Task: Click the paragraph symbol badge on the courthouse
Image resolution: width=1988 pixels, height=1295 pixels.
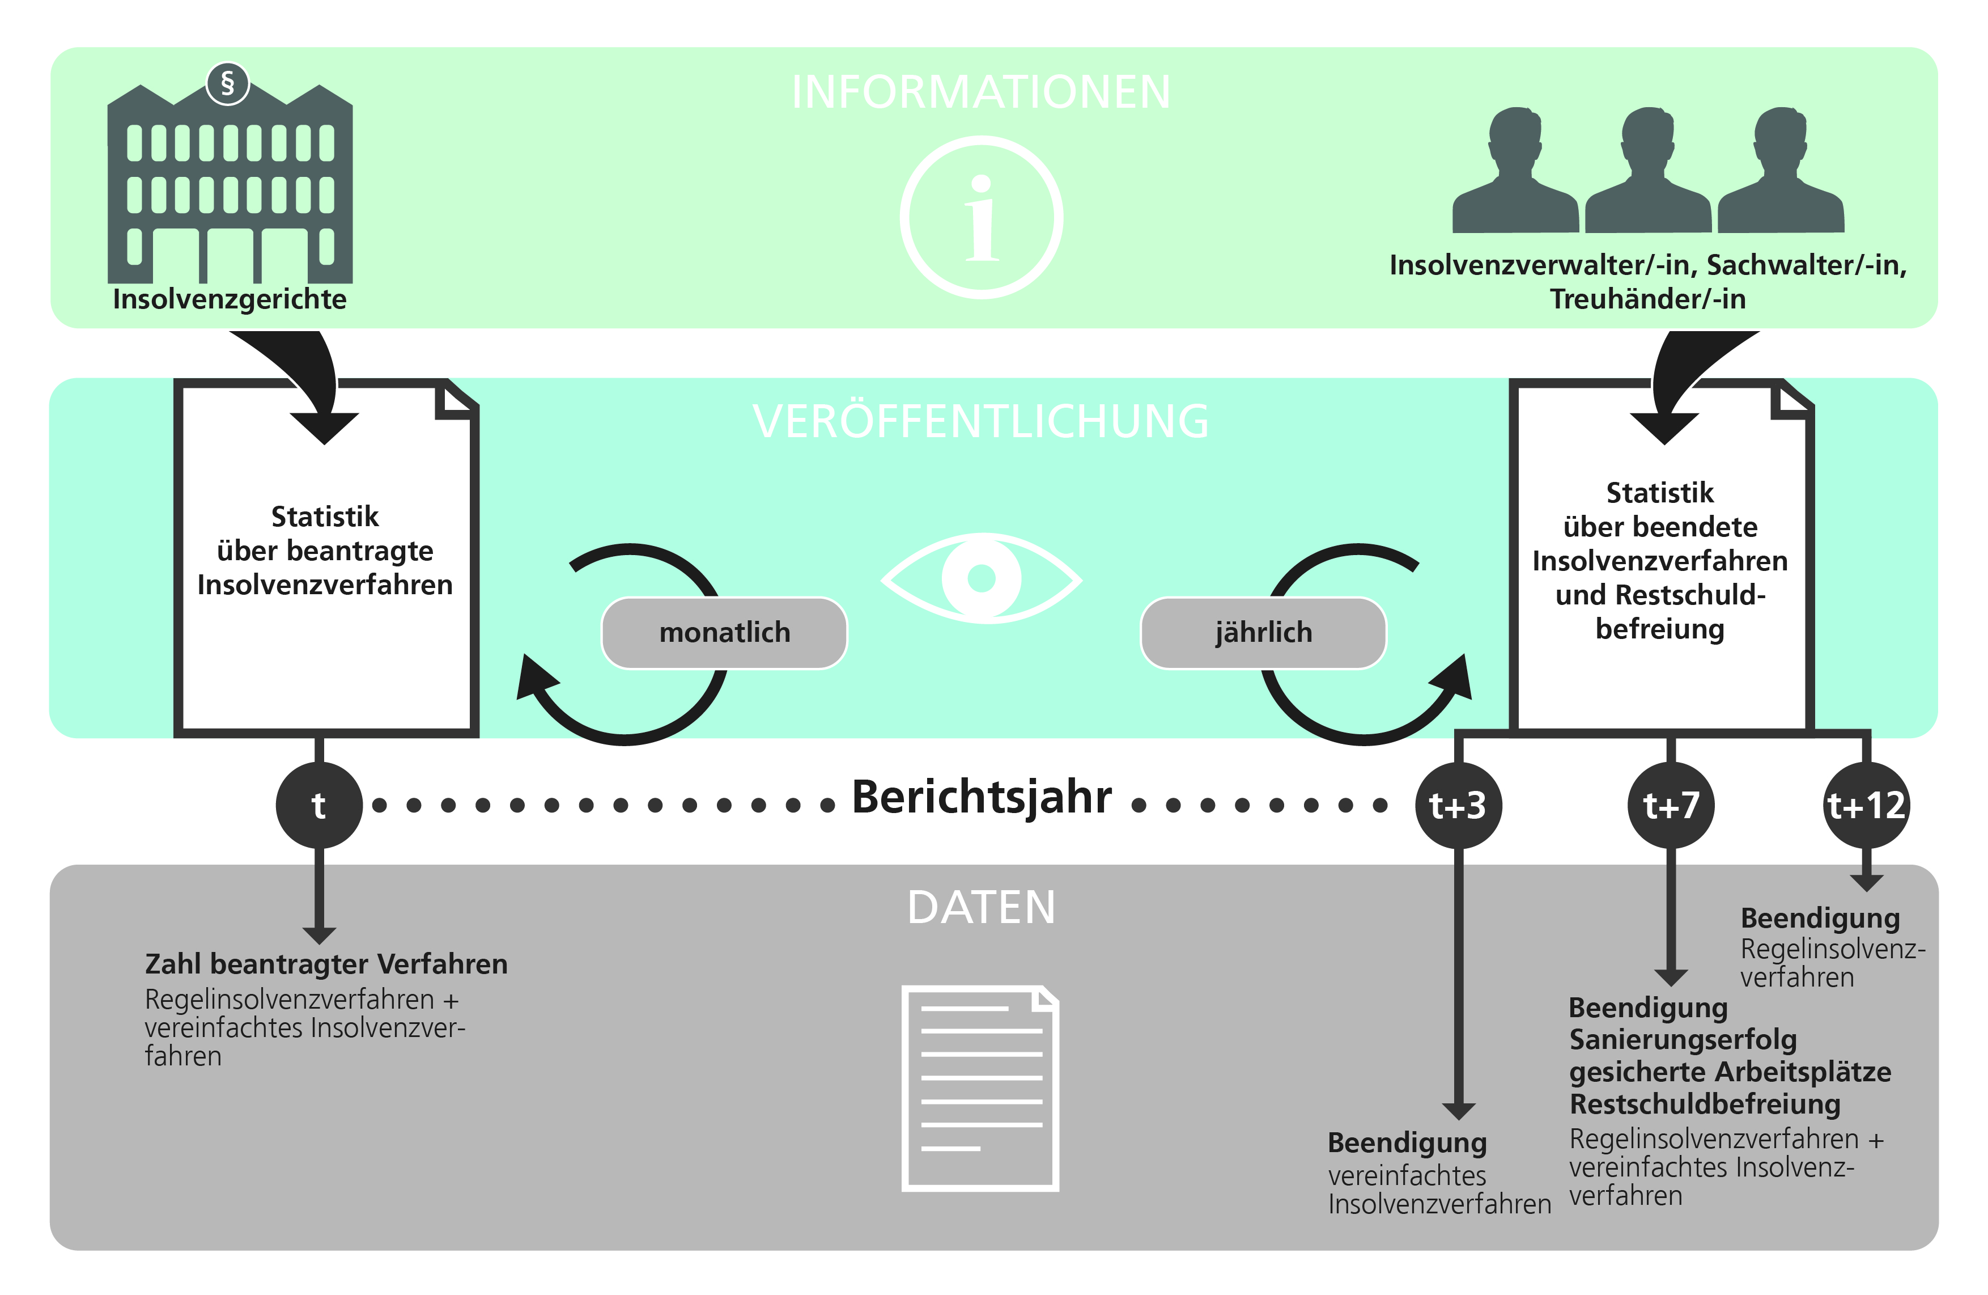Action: coord(227,83)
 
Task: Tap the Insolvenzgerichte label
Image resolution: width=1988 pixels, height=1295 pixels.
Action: coord(230,299)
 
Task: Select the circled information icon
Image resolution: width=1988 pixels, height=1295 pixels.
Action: coord(982,217)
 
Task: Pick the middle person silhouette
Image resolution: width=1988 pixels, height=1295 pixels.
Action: coord(1648,171)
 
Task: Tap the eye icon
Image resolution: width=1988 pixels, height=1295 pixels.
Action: coord(982,578)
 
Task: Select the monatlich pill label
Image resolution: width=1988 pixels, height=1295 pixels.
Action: coord(724,632)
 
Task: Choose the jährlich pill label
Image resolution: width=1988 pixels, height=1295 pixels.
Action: coord(1263,632)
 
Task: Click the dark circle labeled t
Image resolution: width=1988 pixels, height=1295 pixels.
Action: coord(318,806)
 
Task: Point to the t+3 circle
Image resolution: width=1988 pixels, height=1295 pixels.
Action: coord(1458,806)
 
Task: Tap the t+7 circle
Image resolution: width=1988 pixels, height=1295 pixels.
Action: coord(1671,806)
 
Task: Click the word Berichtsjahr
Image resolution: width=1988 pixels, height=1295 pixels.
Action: coord(982,797)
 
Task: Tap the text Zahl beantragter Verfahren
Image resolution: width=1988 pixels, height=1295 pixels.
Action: coord(326,964)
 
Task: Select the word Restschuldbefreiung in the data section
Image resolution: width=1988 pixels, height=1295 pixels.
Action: coord(1704,1104)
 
